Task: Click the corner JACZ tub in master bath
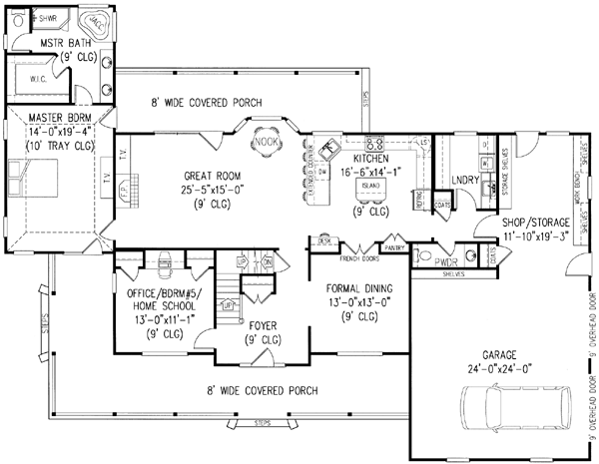click(x=96, y=20)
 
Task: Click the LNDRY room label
click(x=464, y=179)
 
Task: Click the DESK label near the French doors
click(x=323, y=240)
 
